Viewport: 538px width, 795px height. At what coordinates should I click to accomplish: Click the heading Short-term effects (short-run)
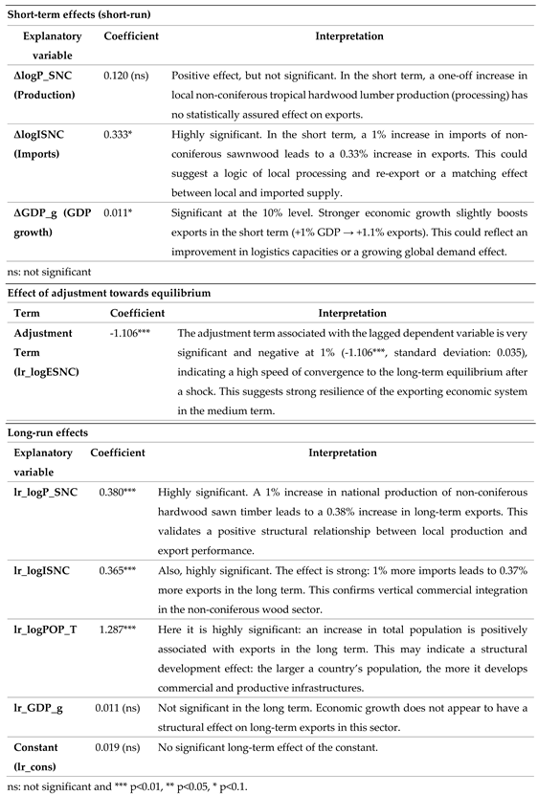pos(78,14)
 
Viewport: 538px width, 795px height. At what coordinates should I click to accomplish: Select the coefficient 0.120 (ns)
pos(127,72)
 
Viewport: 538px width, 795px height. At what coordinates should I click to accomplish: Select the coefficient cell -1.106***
pos(132,333)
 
